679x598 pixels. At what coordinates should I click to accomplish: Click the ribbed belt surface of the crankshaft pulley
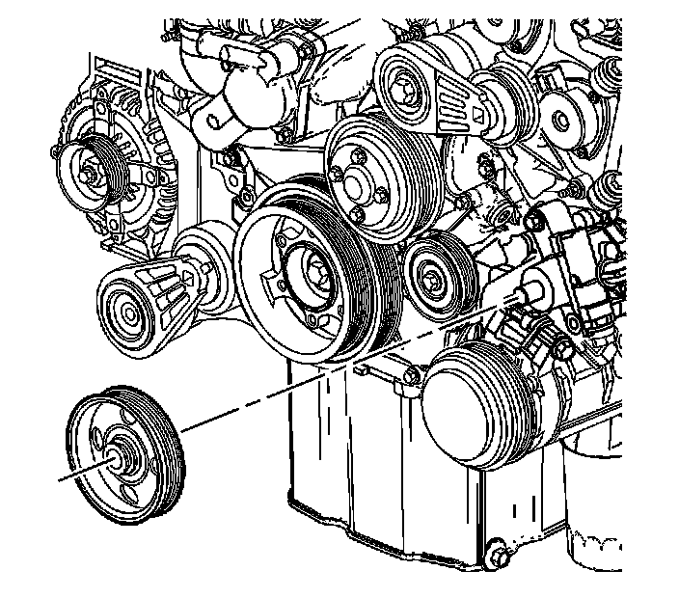370,280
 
